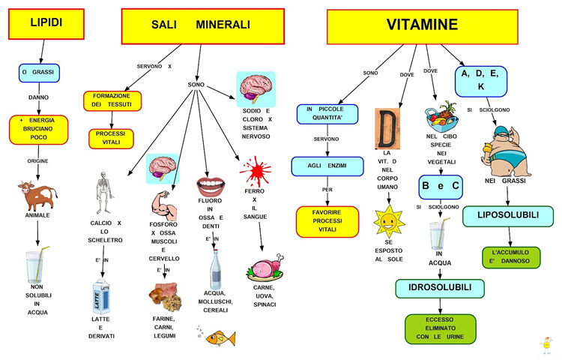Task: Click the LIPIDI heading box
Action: pyautogui.click(x=46, y=24)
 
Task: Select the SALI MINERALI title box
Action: pyautogui.click(x=203, y=26)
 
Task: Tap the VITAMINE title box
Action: pyautogui.click(x=422, y=27)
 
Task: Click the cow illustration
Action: pyautogui.click(x=37, y=196)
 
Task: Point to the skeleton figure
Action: pyautogui.click(x=104, y=193)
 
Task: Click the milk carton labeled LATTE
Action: pyautogui.click(x=101, y=296)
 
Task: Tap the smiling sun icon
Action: pyautogui.click(x=389, y=221)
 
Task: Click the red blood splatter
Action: pyautogui.click(x=256, y=171)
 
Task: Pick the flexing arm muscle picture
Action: pyautogui.click(x=164, y=205)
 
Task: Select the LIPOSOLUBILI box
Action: pyautogui.click(x=508, y=216)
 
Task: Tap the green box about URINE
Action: pyautogui.click(x=440, y=328)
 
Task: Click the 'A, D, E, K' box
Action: pyautogui.click(x=481, y=82)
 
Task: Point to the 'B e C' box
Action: pyautogui.click(x=441, y=187)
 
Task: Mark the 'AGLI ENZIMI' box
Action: pyautogui.click(x=327, y=166)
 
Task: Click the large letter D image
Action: pyautogui.click(x=387, y=129)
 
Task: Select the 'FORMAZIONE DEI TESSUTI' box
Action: pyautogui.click(x=112, y=101)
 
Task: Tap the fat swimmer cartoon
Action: pyautogui.click(x=505, y=151)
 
